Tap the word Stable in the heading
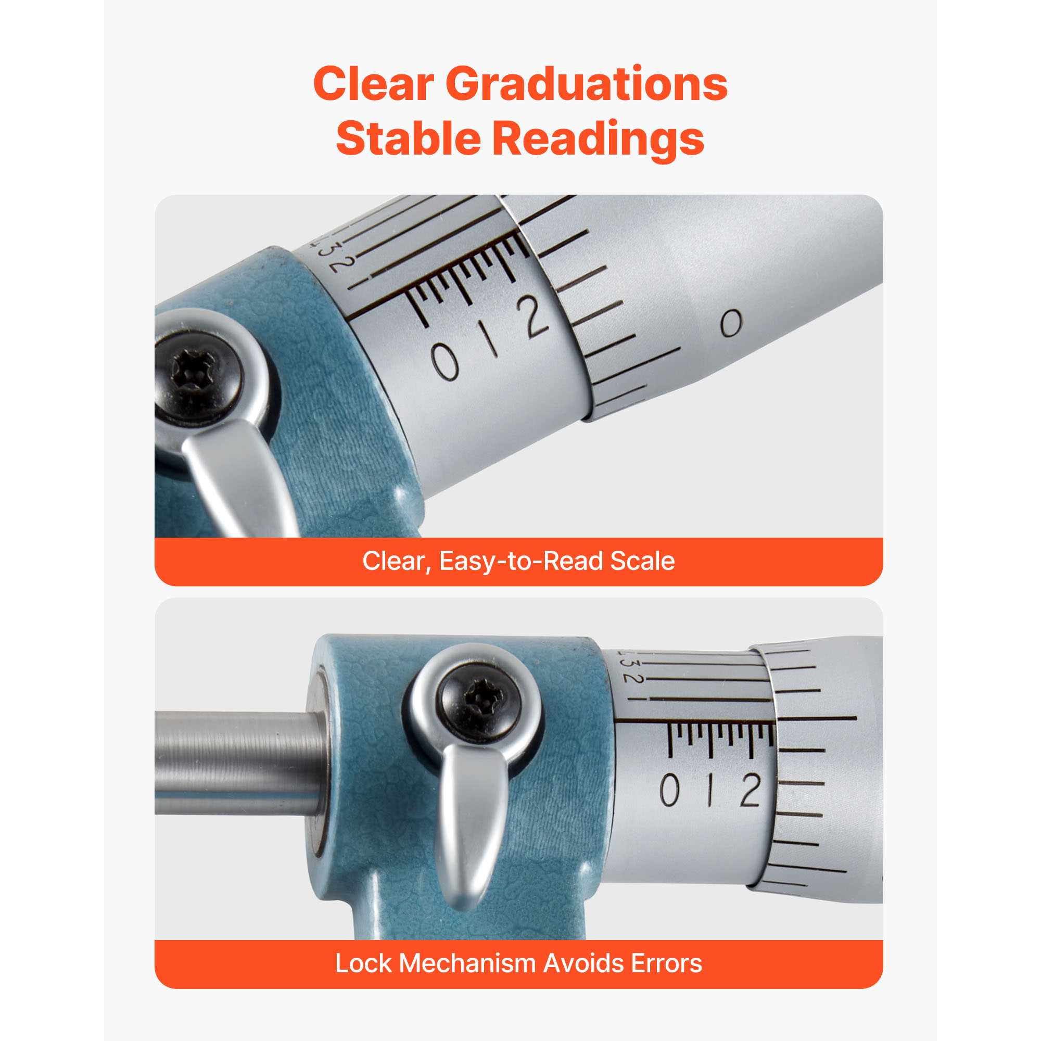409,138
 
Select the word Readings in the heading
598,141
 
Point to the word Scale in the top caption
642,561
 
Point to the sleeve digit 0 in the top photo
445,363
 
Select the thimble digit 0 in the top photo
731,323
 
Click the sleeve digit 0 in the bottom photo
670,790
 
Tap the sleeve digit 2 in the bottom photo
750,790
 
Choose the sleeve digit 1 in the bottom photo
710,790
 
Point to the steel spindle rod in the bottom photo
240,763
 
